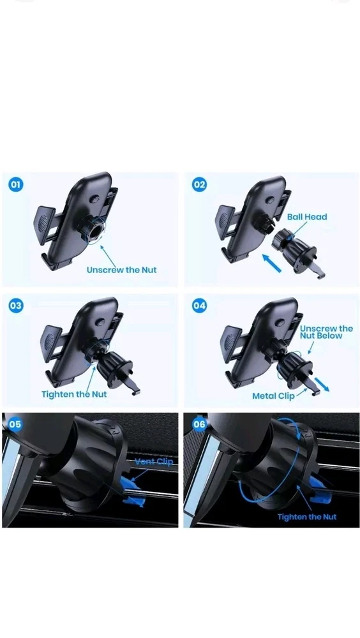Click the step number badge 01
click(x=15, y=185)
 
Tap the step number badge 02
click(x=199, y=185)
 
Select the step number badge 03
click(x=15, y=306)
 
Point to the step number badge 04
click(x=199, y=306)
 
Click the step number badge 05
click(x=15, y=424)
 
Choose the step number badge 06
click(x=199, y=424)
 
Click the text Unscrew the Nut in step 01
click(x=121, y=270)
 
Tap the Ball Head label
click(x=307, y=217)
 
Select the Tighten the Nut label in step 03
click(x=74, y=394)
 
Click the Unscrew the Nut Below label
click(x=327, y=332)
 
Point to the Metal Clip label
click(x=273, y=396)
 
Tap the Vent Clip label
click(x=154, y=461)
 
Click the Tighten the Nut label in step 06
click(x=307, y=517)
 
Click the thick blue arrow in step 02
click(x=272, y=263)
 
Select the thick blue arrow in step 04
click(x=322, y=384)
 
